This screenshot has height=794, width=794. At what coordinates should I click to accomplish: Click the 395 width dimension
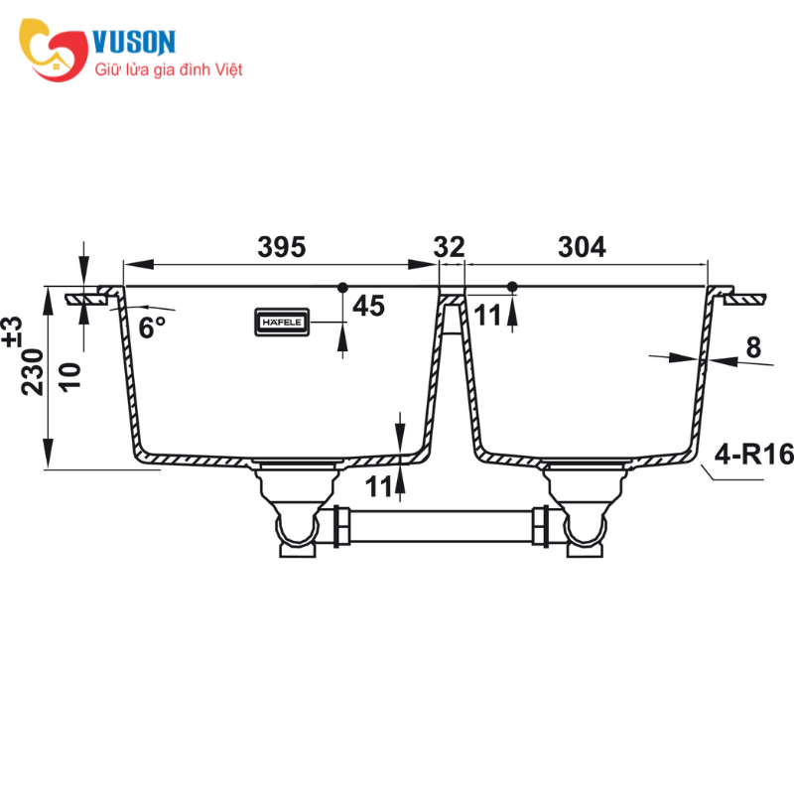click(x=281, y=247)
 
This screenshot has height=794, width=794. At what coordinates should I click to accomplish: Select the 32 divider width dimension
click(x=450, y=247)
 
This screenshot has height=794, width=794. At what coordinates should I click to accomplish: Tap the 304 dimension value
click(x=584, y=247)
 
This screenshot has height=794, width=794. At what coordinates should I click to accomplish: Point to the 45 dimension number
click(x=367, y=306)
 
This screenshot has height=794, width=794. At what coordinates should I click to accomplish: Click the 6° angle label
click(x=151, y=328)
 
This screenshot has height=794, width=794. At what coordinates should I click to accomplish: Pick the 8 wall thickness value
click(x=752, y=347)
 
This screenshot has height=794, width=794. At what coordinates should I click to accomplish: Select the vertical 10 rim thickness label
click(x=69, y=375)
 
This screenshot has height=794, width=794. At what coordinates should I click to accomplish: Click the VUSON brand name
click(x=133, y=42)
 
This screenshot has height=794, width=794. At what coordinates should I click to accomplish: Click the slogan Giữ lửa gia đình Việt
click(x=168, y=70)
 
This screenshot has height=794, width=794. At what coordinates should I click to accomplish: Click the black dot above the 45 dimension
click(x=342, y=287)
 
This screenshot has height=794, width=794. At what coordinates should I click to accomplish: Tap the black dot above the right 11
click(x=512, y=287)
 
